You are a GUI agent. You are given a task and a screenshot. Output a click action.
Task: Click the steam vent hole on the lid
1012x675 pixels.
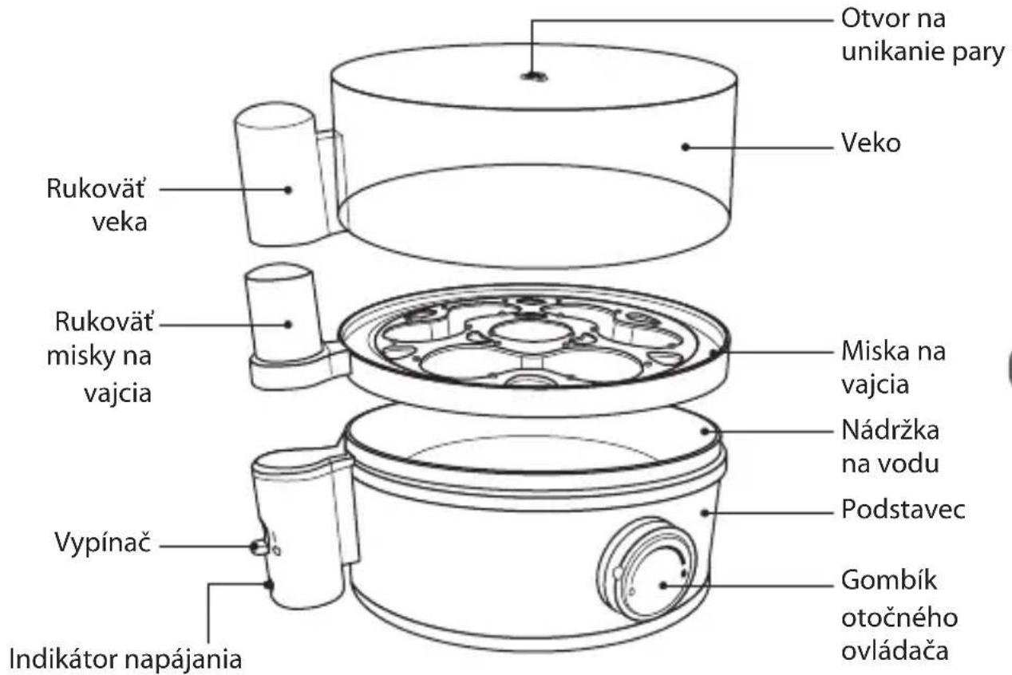point(534,77)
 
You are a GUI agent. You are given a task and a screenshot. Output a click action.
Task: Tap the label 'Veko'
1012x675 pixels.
point(871,143)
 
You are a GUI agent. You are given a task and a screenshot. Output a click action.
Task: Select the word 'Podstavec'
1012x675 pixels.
point(903,509)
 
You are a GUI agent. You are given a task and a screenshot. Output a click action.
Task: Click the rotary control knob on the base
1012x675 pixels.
point(647,570)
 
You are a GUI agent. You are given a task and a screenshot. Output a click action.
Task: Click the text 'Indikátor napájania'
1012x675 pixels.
point(125,659)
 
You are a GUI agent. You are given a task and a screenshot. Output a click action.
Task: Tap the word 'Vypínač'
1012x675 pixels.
point(102,542)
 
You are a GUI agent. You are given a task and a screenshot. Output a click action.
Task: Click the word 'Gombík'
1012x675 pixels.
point(888,580)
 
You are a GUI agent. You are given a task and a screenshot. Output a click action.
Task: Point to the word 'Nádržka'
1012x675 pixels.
point(890,430)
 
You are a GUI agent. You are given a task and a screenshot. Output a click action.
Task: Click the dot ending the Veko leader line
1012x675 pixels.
point(686,147)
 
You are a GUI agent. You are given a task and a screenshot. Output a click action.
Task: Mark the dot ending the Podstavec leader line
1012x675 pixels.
point(705,513)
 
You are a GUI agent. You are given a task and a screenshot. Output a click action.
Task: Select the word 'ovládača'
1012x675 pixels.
point(895,651)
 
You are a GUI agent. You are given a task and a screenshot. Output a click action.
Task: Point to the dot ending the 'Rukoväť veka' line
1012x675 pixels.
point(288,190)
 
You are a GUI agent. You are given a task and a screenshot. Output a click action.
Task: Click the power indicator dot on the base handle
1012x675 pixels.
point(269,585)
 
